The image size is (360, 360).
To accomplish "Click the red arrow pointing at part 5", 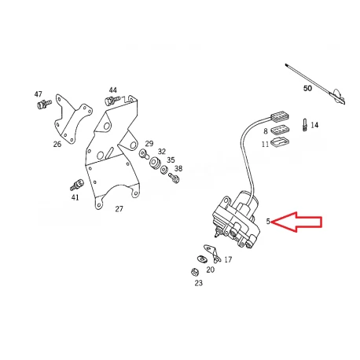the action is pyautogui.click(x=296, y=222).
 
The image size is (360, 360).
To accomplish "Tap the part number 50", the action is pyautogui.click(x=307, y=88).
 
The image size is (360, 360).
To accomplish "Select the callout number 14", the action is pyautogui.click(x=314, y=125).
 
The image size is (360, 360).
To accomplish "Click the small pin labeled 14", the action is pyautogui.click(x=305, y=124).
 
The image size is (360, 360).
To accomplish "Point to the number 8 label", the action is pyautogui.click(x=266, y=131).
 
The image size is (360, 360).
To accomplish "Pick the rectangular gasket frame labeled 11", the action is pyautogui.click(x=280, y=142).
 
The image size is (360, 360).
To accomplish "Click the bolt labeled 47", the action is pyautogui.click(x=42, y=105).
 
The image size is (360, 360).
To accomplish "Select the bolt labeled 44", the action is pyautogui.click(x=112, y=100).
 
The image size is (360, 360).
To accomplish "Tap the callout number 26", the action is pyautogui.click(x=57, y=144).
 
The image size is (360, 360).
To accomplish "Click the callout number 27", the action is pyautogui.click(x=119, y=209).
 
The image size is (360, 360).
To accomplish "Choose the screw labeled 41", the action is pyautogui.click(x=77, y=185).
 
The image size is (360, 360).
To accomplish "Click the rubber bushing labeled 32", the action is pyautogui.click(x=155, y=163).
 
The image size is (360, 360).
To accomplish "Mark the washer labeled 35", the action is pyautogui.click(x=163, y=170).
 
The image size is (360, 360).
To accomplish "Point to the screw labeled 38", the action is pyautogui.click(x=174, y=178).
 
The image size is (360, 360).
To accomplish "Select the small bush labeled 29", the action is pyautogui.click(x=144, y=154).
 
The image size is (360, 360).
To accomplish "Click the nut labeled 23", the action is pyautogui.click(x=195, y=272).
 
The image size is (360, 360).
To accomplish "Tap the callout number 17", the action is pyautogui.click(x=228, y=259).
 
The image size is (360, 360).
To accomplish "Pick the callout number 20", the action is pyautogui.click(x=210, y=270).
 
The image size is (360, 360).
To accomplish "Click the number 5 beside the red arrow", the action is pyautogui.click(x=268, y=222).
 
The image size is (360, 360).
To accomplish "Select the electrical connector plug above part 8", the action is pyautogui.click(x=280, y=117).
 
